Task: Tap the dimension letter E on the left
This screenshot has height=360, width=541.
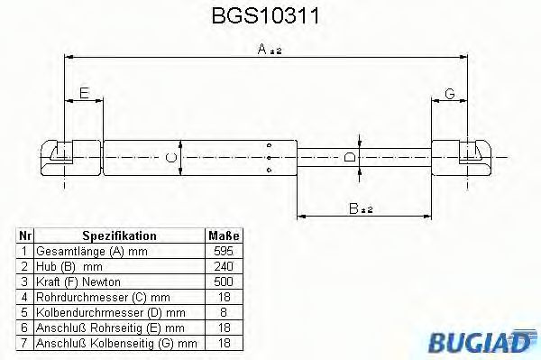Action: pyautogui.click(x=84, y=94)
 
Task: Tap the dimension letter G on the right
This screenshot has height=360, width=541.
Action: pyautogui.click(x=448, y=94)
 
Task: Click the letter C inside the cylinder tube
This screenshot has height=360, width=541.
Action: pyautogui.click(x=170, y=157)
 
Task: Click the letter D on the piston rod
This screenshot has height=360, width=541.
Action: pyautogui.click(x=349, y=157)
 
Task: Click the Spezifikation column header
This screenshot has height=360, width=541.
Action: pyautogui.click(x=118, y=234)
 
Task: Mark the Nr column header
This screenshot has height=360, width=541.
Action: pyautogui.click(x=25, y=234)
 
